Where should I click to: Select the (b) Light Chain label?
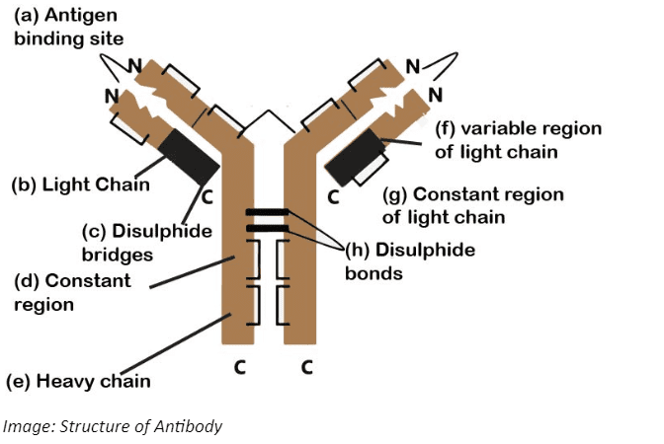pyautogui.click(x=80, y=185)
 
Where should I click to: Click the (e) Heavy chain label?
pyautogui.click(x=78, y=380)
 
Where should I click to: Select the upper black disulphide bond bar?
pyautogui.click(x=267, y=213)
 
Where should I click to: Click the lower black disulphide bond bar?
pyautogui.click(x=267, y=229)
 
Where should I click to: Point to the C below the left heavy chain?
pyautogui.click(x=238, y=369)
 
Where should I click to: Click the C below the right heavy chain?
pyautogui.click(x=306, y=369)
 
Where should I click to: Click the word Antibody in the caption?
pyautogui.click(x=193, y=426)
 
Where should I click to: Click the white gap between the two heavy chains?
pyautogui.click(x=267, y=286)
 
